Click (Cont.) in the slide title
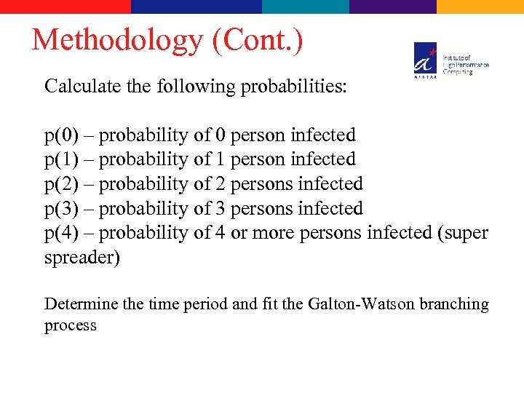(257, 40)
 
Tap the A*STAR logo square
(426, 60)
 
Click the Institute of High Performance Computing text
(466, 65)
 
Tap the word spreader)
(82, 258)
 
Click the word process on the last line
(70, 325)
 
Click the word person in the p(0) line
(258, 135)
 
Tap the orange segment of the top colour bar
(480, 7)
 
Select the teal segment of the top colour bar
(306, 7)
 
